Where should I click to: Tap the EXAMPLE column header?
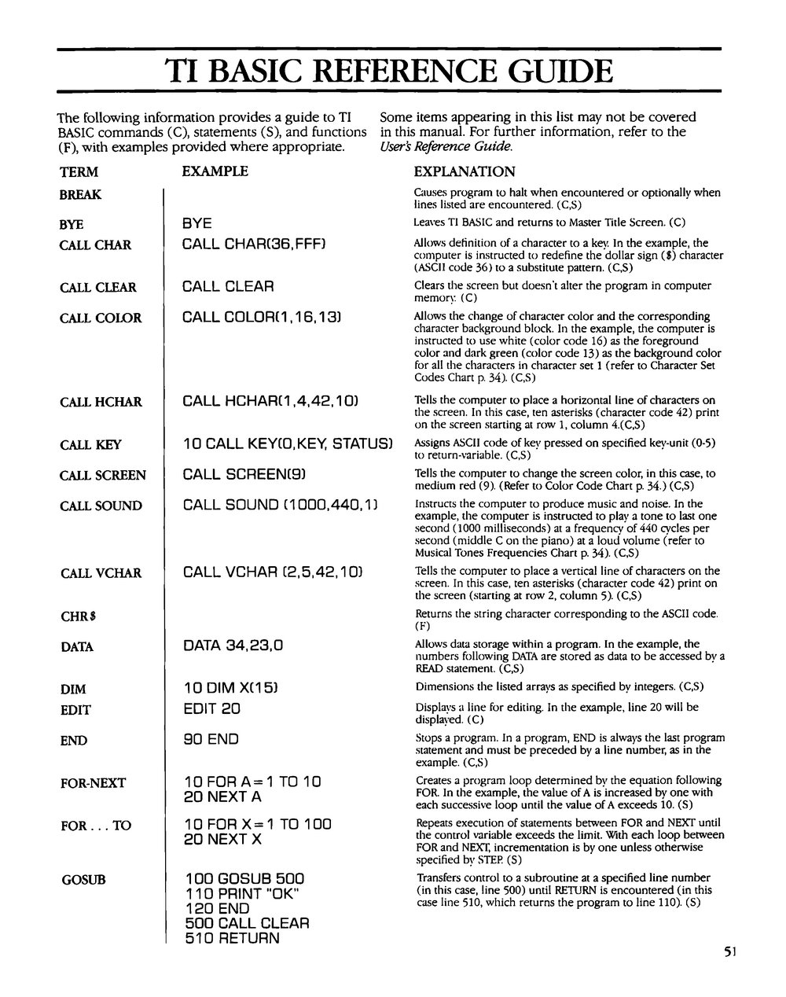tap(215, 171)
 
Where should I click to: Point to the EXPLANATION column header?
tap(465, 171)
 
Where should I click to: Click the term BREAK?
tap(80, 195)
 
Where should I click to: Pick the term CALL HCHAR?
tap(101, 403)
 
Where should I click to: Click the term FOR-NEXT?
tap(92, 783)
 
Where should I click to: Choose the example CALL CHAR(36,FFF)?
tap(254, 245)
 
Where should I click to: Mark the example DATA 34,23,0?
tap(233, 646)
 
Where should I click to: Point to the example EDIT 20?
tap(211, 708)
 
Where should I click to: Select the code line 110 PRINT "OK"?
tap(243, 893)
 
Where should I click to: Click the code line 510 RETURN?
tap(233, 937)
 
